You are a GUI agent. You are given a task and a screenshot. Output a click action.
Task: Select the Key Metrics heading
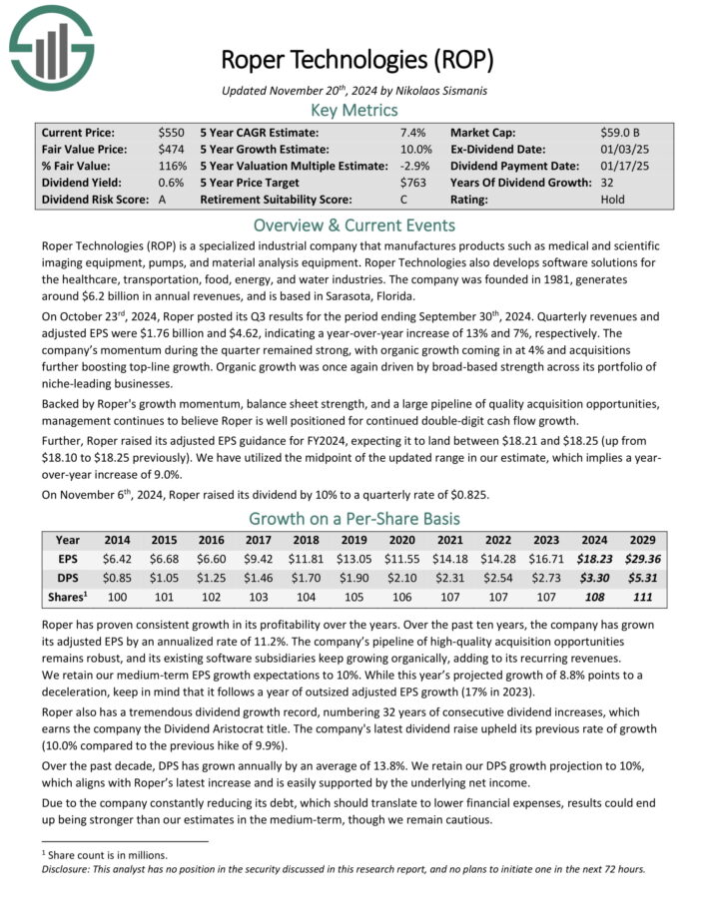coord(354,110)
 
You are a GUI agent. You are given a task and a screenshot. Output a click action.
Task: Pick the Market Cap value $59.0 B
coord(627,132)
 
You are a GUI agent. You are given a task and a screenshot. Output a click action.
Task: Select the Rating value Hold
coord(613,200)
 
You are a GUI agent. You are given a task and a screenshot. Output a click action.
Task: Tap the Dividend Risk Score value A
coord(162,200)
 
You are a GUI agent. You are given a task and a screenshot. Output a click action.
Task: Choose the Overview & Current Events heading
coord(354,225)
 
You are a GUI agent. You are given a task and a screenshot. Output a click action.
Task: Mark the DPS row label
coord(68,578)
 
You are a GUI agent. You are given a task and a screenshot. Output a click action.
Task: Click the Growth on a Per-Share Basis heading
coord(354,519)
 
